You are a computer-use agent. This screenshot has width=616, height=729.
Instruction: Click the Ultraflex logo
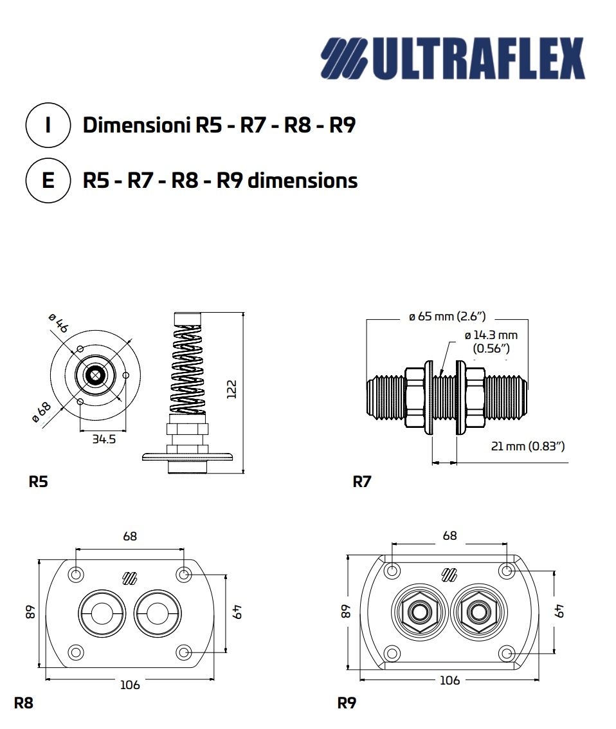(453, 58)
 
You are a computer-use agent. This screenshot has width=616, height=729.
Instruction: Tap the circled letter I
(48, 125)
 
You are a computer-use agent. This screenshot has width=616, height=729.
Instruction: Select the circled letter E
(48, 181)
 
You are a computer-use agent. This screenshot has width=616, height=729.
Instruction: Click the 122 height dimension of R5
(232, 389)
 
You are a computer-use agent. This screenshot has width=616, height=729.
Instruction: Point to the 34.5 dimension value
(103, 441)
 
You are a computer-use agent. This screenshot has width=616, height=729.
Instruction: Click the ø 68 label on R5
(42, 412)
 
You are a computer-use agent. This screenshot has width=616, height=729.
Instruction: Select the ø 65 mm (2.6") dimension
(447, 317)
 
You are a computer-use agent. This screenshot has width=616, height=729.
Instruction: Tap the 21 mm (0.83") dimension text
(527, 446)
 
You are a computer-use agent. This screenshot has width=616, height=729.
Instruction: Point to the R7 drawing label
(362, 481)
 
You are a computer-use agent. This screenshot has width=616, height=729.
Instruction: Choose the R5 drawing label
(38, 481)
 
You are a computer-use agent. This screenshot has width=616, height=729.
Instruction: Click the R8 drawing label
(23, 703)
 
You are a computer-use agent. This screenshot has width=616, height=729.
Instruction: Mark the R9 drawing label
(347, 703)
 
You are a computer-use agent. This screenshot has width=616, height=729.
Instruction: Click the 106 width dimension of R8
(130, 685)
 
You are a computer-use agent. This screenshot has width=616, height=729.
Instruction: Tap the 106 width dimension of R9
(449, 680)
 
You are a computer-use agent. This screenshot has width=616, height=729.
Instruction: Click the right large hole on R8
(158, 611)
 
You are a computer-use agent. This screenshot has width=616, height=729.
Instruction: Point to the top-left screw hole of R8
(77, 574)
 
